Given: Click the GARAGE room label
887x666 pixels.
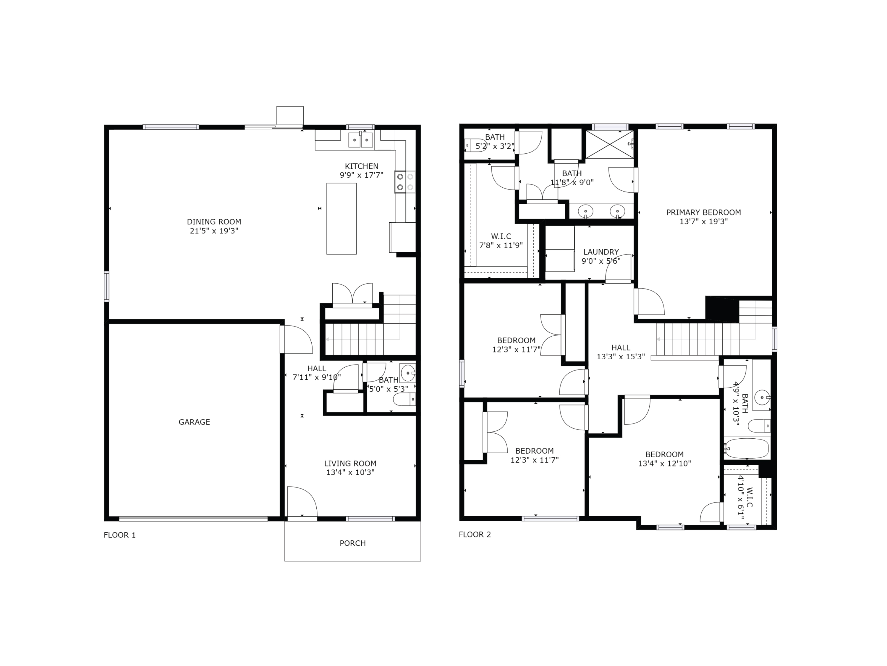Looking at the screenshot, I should pyautogui.click(x=194, y=422).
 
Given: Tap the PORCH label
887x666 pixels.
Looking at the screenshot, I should pyautogui.click(x=352, y=543).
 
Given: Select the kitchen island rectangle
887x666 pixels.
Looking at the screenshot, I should pyautogui.click(x=341, y=219).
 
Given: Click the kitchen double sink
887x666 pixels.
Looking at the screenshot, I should pyautogui.click(x=360, y=140).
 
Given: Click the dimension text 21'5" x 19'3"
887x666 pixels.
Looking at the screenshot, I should pyautogui.click(x=214, y=231).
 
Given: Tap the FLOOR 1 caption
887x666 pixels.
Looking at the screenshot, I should pyautogui.click(x=119, y=535).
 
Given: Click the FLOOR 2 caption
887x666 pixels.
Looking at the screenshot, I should pyautogui.click(x=475, y=534).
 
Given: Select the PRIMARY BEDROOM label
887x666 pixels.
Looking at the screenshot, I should pyautogui.click(x=703, y=212).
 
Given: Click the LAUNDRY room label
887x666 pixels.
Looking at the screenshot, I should pyautogui.click(x=601, y=252).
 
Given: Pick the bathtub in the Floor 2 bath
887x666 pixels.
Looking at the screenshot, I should pyautogui.click(x=747, y=448).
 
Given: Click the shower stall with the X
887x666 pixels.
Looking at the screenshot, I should pyautogui.click(x=609, y=144).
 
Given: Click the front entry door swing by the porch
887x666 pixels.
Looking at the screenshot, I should pyautogui.click(x=302, y=502).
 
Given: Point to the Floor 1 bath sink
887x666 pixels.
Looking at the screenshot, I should pyautogui.click(x=408, y=373).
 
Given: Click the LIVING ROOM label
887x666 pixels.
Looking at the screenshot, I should pyautogui.click(x=350, y=463).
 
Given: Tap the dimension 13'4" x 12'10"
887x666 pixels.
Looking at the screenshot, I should pyautogui.click(x=664, y=463).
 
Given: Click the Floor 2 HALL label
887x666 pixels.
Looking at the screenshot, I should pyautogui.click(x=620, y=348).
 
